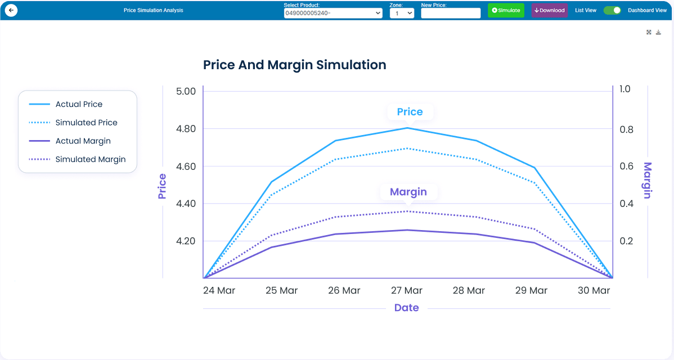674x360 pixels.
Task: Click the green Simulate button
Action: pyautogui.click(x=506, y=10)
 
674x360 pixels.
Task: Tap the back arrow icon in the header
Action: pyautogui.click(x=11, y=10)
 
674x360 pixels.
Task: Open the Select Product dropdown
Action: pyautogui.click(x=333, y=13)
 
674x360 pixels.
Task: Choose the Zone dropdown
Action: pyautogui.click(x=402, y=13)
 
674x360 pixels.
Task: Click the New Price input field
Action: pyautogui.click(x=451, y=13)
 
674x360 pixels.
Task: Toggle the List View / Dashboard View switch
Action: pyautogui.click(x=612, y=10)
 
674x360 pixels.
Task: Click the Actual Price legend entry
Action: pyautogui.click(x=79, y=104)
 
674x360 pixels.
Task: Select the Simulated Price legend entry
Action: pyautogui.click(x=86, y=123)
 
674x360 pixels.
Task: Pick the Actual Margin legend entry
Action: pyautogui.click(x=83, y=141)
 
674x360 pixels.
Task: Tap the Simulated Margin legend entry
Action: pyautogui.click(x=90, y=159)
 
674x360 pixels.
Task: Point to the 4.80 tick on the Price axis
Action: pyautogui.click(x=186, y=129)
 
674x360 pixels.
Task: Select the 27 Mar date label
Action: pyautogui.click(x=407, y=291)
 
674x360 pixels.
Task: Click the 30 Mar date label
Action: pyautogui.click(x=594, y=291)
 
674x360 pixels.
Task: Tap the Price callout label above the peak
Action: pyautogui.click(x=410, y=112)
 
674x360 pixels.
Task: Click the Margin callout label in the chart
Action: pyautogui.click(x=408, y=192)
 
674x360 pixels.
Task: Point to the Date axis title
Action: pyautogui.click(x=406, y=308)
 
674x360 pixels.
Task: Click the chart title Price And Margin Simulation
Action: pyautogui.click(x=294, y=65)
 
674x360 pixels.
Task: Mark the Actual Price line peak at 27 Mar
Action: pyautogui.click(x=407, y=128)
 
